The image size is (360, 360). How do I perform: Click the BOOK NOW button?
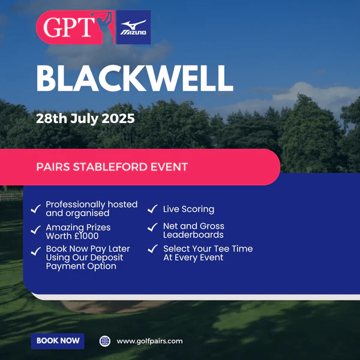point(58,341)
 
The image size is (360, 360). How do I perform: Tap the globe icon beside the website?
point(105,341)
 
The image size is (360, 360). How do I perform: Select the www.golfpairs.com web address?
point(149,341)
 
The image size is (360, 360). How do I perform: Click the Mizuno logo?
point(133,28)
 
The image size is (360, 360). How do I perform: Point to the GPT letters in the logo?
point(69,27)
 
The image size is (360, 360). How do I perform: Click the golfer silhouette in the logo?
point(104,27)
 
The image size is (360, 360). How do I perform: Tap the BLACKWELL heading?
point(135,78)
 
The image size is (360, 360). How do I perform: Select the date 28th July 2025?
point(85,119)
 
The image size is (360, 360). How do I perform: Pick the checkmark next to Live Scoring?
point(152,209)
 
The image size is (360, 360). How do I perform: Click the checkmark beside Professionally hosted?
point(36,209)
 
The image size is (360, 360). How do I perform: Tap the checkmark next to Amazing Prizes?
point(36,230)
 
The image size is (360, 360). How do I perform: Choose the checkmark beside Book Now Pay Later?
point(36,251)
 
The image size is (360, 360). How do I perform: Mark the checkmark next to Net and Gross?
point(152,227)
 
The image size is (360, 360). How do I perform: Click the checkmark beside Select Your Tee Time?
point(152,248)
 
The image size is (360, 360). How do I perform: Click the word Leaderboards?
point(193,235)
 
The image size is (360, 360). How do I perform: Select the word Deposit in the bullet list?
point(107,257)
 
